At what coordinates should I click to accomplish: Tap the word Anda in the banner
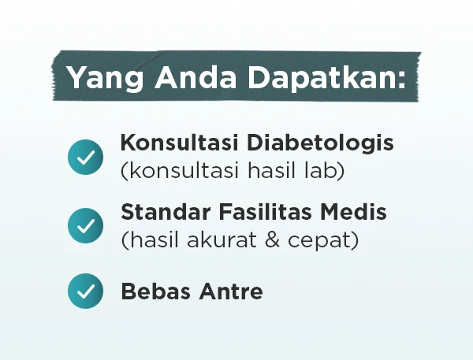(x=196, y=76)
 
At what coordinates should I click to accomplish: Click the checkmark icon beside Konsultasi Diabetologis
(x=85, y=157)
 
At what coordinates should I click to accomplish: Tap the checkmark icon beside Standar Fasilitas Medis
(x=85, y=225)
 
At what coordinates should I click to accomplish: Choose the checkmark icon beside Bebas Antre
(x=85, y=291)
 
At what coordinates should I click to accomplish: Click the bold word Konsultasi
(x=180, y=143)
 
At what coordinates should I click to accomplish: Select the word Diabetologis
(x=320, y=143)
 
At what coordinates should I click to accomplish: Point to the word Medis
(x=353, y=211)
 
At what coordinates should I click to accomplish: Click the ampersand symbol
(x=273, y=239)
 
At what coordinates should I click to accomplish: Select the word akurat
(x=222, y=239)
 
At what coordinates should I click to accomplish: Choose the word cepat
(x=321, y=241)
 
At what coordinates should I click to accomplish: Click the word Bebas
(x=155, y=291)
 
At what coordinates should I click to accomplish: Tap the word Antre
(x=231, y=291)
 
